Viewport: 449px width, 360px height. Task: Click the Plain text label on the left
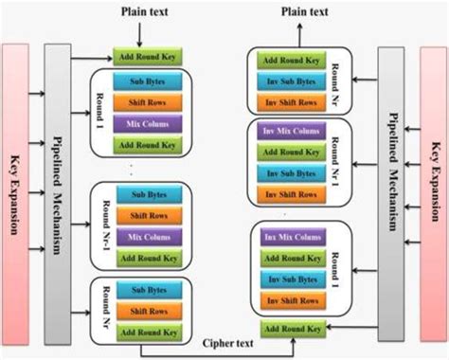point(145,10)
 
